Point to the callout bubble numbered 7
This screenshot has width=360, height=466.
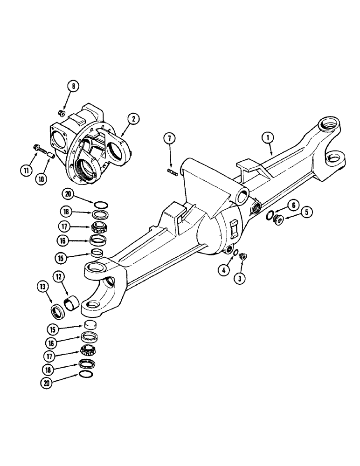(x=170, y=138)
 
